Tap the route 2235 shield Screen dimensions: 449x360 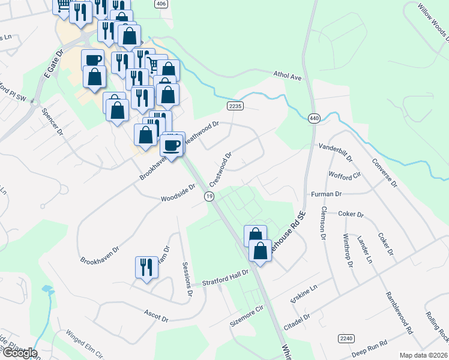[x=235, y=106]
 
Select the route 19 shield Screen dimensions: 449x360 [x=208, y=197]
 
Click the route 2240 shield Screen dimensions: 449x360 [x=346, y=338]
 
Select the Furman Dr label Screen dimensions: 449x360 [x=327, y=194]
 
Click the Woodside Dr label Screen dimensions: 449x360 [x=178, y=193]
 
